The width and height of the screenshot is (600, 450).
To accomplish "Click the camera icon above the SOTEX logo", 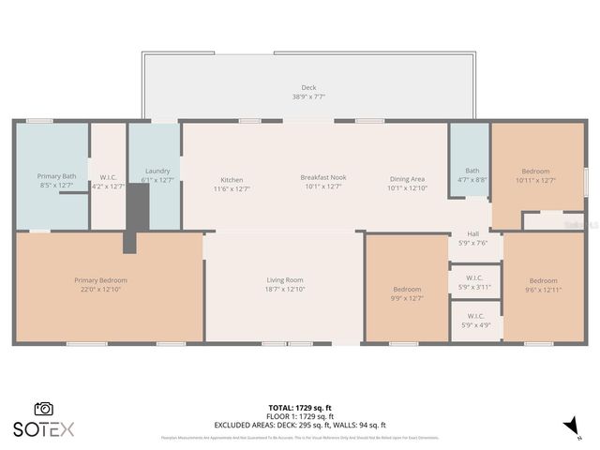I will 43,409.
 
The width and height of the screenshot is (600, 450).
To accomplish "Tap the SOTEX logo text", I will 43,429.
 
